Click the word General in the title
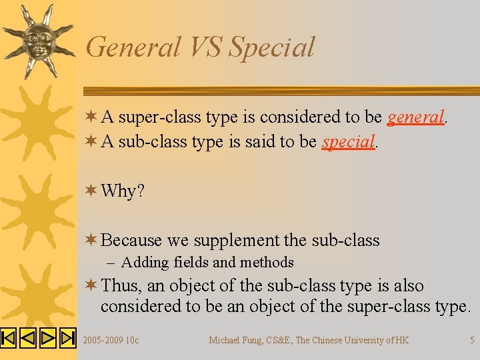[133, 47]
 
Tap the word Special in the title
[271, 47]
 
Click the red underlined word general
[415, 117]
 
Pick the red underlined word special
[349, 141]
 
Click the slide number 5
[472, 340]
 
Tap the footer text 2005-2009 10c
[111, 340]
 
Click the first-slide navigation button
[8, 339]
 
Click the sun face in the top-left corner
[37, 40]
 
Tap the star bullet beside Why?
[92, 191]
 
